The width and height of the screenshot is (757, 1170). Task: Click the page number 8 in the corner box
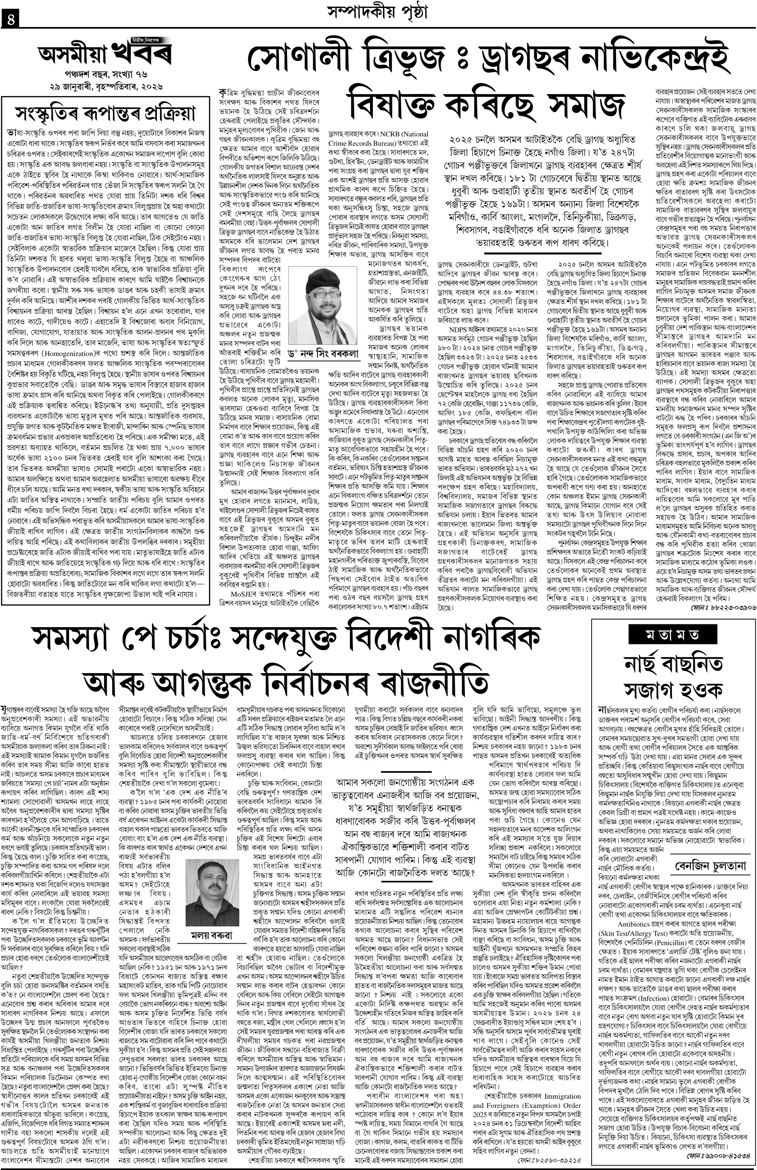tap(9, 20)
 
